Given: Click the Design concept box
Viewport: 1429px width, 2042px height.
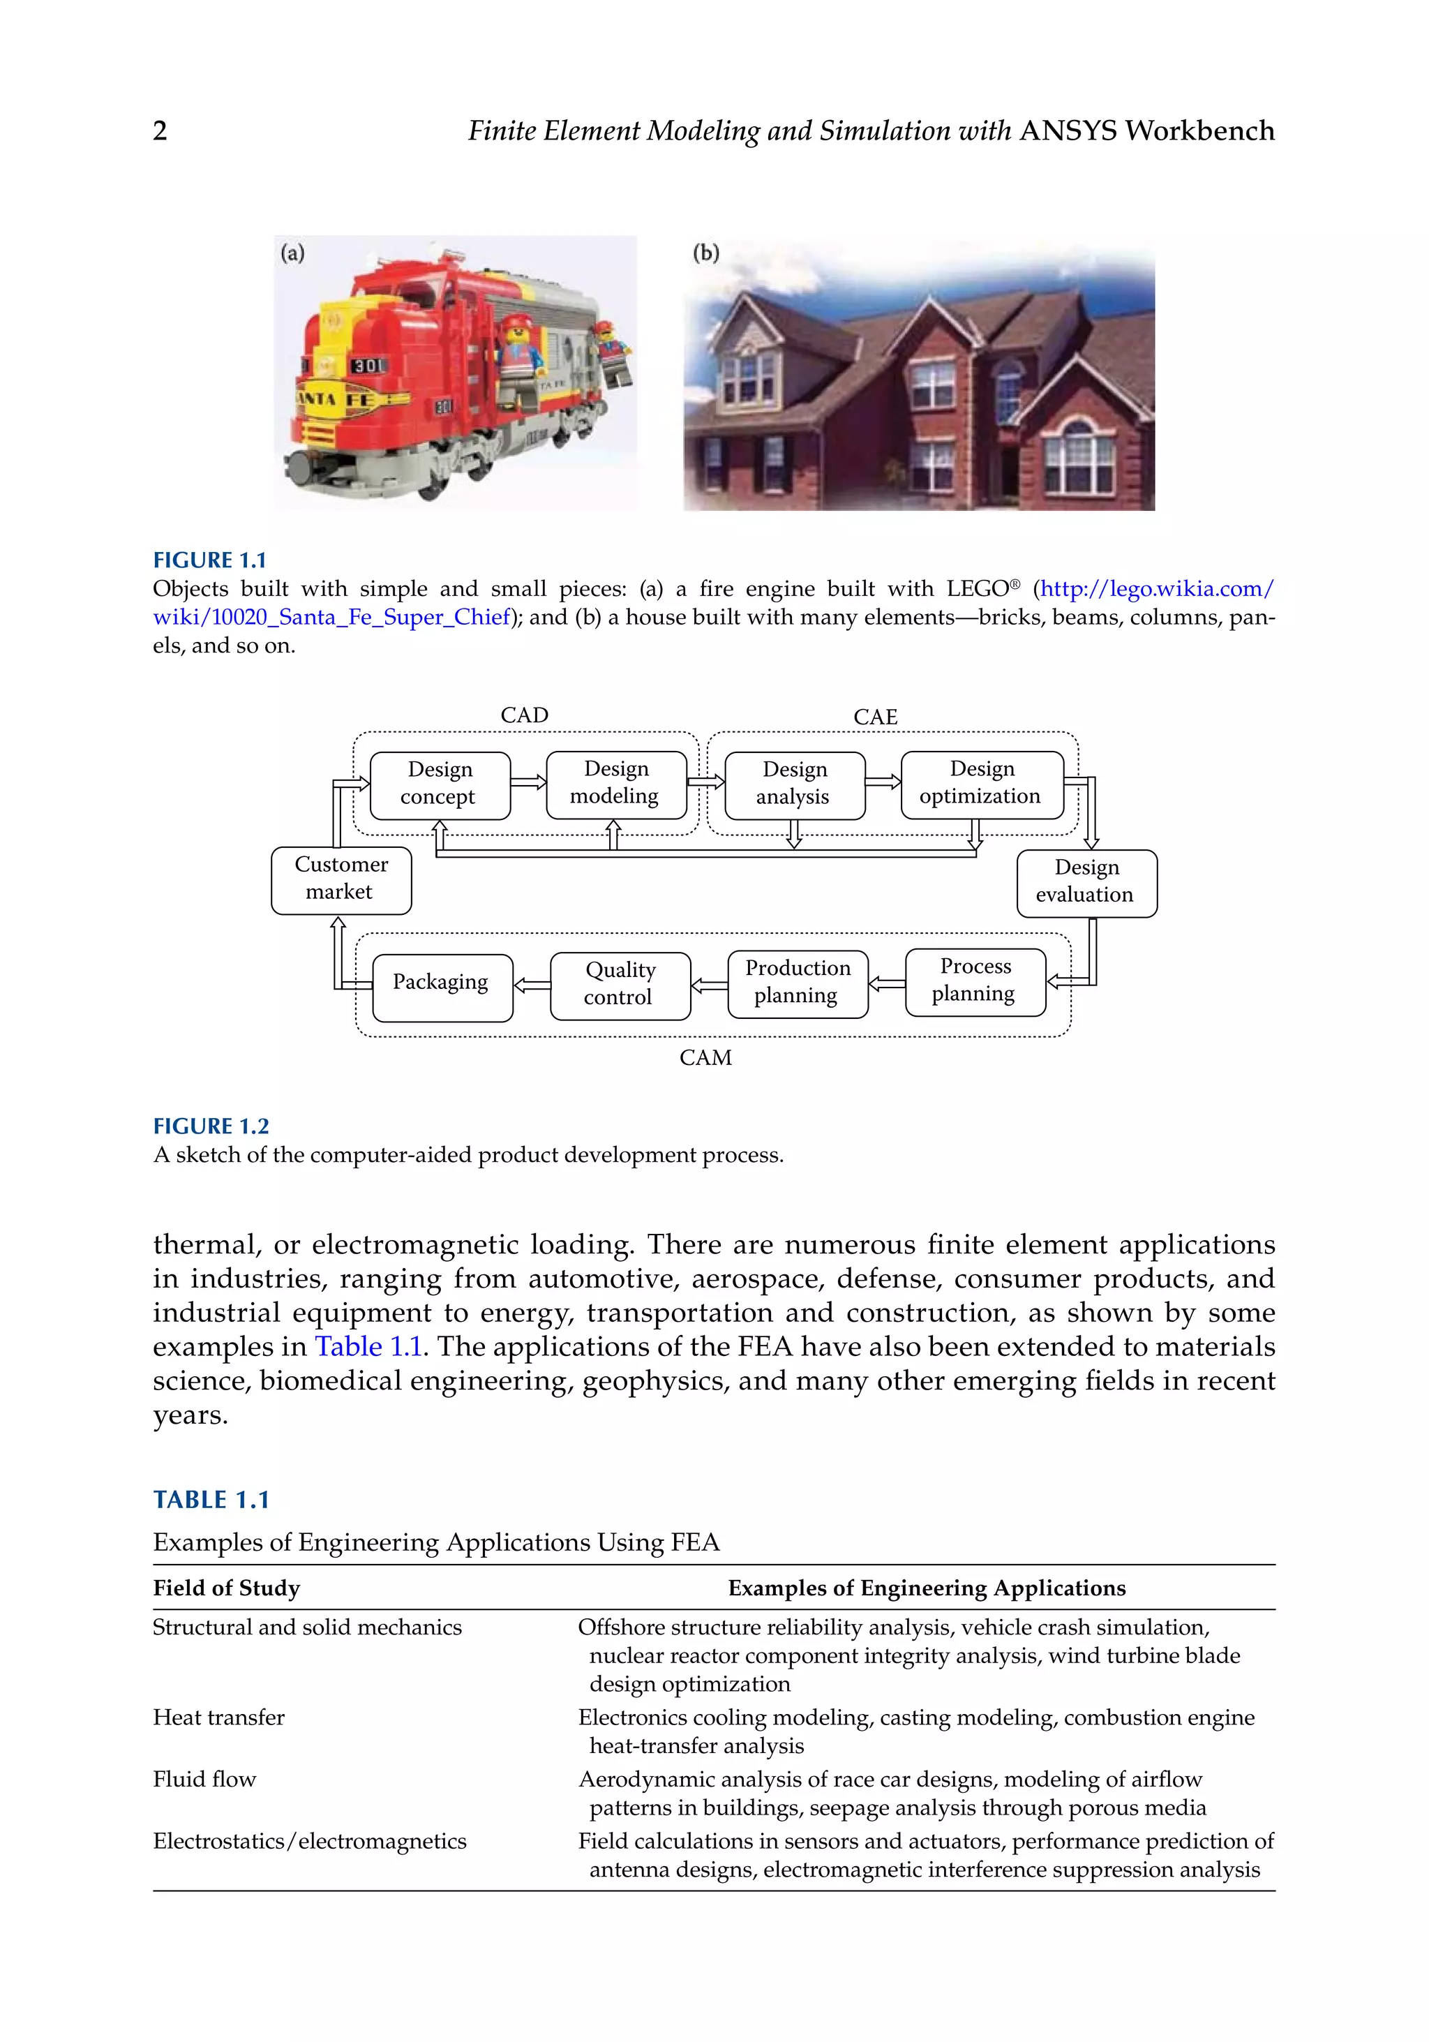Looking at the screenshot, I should click(x=440, y=784).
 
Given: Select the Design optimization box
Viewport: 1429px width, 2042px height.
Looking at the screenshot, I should click(x=981, y=784).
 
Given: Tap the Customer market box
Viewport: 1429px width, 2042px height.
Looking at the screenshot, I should click(x=341, y=879).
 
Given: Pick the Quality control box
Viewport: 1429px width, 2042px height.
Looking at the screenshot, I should click(x=620, y=985).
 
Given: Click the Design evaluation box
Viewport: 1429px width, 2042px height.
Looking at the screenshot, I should click(x=1086, y=882).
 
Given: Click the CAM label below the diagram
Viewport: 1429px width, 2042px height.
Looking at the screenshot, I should click(x=705, y=1057).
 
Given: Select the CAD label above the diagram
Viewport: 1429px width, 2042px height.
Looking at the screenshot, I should click(x=524, y=715).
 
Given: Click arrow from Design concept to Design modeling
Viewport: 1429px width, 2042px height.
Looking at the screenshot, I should click(x=528, y=782).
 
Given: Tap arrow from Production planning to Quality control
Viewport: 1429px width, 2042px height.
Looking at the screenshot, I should click(x=709, y=985).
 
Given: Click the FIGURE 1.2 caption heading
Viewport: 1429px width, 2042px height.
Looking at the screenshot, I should click(x=211, y=1126).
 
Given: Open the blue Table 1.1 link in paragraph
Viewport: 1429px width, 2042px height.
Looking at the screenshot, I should click(x=368, y=1346).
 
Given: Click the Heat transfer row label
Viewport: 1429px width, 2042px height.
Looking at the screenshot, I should click(x=219, y=1717).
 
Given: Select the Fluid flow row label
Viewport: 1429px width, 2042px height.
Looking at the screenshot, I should click(x=204, y=1779).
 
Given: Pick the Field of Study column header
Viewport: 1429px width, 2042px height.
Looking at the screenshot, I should click(x=226, y=1588).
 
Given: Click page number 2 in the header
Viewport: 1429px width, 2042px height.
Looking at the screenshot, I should click(x=160, y=132).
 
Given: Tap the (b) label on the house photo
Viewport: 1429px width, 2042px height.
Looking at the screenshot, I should click(x=705, y=253).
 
